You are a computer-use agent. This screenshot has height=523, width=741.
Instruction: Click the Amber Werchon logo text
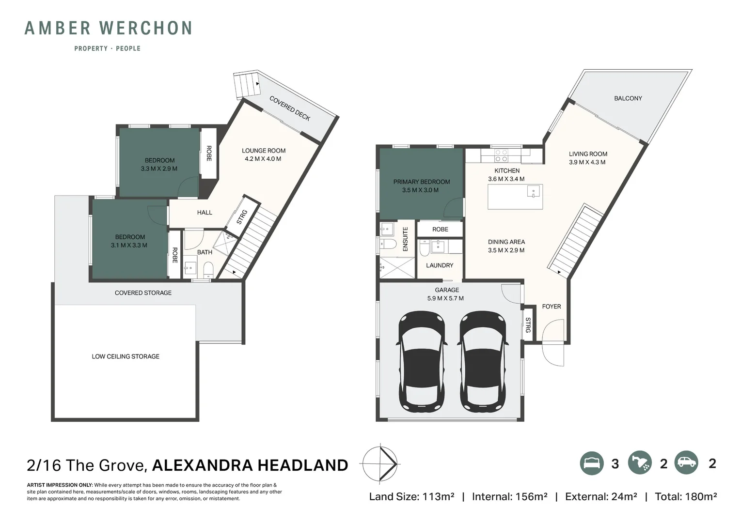108,29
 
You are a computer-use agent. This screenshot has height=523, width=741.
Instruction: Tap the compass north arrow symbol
380,464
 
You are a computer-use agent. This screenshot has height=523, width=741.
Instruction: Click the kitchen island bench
515,197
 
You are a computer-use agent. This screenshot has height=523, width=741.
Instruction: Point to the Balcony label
628,98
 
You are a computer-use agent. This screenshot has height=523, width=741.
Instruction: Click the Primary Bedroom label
421,182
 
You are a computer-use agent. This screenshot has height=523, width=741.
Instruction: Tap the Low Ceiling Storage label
126,356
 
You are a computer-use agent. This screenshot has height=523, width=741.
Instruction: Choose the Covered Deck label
290,108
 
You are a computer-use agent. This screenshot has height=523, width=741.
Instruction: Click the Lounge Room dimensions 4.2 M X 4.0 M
263,159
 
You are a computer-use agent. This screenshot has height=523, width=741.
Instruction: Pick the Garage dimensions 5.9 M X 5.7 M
445,298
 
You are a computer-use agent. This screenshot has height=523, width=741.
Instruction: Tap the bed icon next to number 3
592,463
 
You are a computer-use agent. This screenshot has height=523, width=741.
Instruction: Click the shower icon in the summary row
640,463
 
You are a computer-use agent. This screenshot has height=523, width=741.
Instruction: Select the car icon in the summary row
685,463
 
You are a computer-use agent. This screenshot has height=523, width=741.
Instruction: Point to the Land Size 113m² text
411,496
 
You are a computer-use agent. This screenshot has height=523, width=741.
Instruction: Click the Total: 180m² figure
685,496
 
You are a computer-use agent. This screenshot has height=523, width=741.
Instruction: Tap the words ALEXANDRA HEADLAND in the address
250,465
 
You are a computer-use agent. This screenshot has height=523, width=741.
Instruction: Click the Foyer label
551,307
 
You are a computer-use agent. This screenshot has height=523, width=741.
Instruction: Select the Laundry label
440,265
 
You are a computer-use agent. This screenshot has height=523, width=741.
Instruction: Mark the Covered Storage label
143,293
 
